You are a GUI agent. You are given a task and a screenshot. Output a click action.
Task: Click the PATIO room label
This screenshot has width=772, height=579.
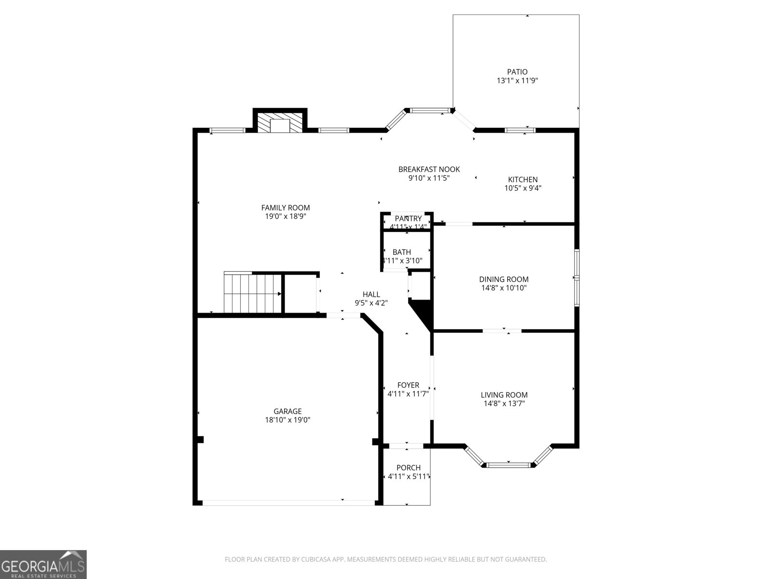click(517, 72)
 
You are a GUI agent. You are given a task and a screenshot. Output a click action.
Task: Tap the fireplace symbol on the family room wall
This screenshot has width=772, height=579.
click(279, 124)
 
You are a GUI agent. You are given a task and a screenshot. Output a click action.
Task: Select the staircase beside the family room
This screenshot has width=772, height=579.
click(252, 293)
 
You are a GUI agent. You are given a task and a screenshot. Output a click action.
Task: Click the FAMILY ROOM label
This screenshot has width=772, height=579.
click(286, 208)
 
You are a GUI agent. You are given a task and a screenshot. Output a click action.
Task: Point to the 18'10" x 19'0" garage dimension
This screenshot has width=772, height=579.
click(288, 420)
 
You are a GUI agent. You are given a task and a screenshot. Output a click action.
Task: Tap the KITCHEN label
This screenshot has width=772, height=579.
click(523, 179)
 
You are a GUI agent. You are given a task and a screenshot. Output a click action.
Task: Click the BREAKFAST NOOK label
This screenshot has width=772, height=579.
click(429, 169)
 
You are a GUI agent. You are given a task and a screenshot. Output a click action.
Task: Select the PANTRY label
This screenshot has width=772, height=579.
click(408, 219)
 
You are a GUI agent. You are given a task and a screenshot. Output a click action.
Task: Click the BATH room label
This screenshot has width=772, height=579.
click(402, 252)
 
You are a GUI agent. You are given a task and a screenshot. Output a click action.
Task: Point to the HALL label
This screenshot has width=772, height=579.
click(371, 294)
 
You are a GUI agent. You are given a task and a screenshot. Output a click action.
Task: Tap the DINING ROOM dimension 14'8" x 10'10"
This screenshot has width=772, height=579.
click(504, 288)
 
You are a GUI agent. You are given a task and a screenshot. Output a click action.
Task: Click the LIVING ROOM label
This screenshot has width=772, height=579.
click(504, 395)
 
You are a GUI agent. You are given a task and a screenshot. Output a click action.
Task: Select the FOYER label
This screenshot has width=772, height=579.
click(408, 385)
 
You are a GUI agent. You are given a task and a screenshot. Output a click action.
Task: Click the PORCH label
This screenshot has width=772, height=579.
click(408, 468)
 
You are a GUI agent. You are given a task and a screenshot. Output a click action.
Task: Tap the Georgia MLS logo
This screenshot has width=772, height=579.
click(43, 564)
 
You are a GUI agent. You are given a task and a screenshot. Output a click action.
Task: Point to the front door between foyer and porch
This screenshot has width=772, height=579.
click(406, 445)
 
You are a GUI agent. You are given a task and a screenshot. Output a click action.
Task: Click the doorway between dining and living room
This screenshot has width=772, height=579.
click(502, 331)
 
